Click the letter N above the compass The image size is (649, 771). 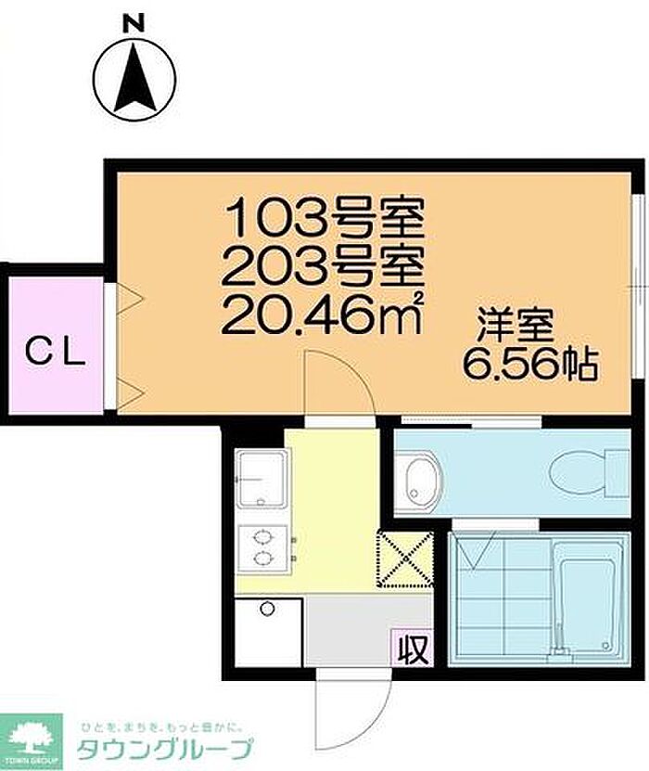point(134,23)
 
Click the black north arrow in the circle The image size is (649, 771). point(135,80)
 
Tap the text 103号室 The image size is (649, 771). point(324,216)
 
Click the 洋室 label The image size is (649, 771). point(515,325)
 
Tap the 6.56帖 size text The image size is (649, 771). point(530,365)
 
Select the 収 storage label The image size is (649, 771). point(413,650)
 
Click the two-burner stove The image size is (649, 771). point(262,548)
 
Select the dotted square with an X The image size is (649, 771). point(405,559)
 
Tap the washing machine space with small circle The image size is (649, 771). point(268,632)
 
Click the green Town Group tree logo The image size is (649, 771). point(31,741)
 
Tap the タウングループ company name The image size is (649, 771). point(166,749)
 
